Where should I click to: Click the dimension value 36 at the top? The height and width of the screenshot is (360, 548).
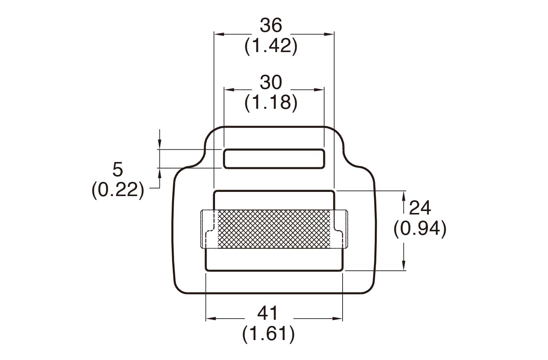(271, 26)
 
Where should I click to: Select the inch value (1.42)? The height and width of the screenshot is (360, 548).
(271, 46)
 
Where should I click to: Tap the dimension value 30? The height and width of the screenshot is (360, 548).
(271, 82)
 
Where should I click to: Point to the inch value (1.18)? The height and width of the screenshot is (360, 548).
(271, 103)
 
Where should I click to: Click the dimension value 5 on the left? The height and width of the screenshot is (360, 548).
(118, 169)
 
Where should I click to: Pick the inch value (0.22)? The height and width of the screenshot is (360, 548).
(118, 190)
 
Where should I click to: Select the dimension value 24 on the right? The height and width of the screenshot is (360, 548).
(420, 208)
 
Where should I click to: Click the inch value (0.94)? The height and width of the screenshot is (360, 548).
(420, 229)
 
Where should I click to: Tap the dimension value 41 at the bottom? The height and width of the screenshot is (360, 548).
(268, 314)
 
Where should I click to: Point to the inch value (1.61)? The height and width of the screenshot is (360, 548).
(268, 334)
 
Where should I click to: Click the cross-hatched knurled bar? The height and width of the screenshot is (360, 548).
(274, 229)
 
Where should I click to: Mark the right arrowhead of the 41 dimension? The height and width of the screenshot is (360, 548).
(338, 318)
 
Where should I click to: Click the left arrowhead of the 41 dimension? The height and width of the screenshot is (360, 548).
(210, 318)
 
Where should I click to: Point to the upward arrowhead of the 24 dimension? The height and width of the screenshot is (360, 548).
(404, 196)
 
